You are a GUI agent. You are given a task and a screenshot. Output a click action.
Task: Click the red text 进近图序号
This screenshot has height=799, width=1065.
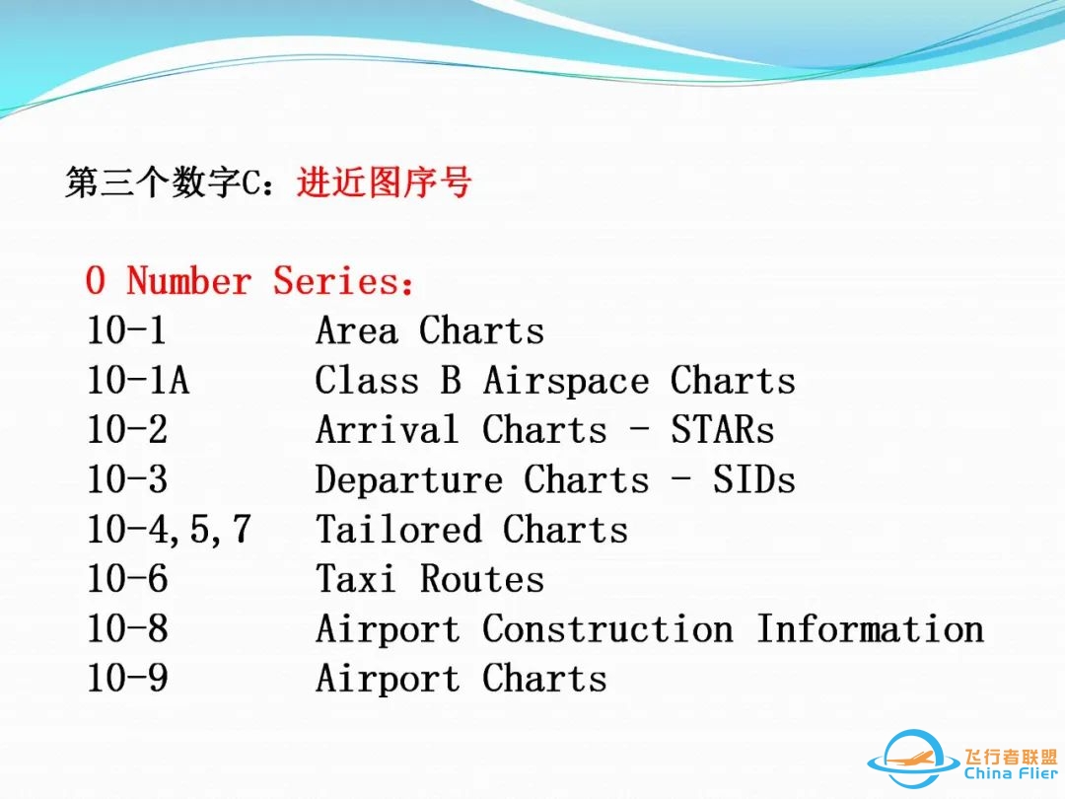point(384,183)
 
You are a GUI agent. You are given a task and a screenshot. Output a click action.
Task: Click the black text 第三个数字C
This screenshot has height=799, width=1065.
point(167,183)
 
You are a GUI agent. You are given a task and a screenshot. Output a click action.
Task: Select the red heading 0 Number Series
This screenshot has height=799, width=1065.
point(250,281)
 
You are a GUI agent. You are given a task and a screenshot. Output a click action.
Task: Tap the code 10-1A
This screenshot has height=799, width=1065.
point(138,381)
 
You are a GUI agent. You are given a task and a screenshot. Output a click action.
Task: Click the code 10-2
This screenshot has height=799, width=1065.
point(127,430)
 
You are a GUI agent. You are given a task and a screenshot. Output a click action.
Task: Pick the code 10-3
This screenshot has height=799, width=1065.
point(127,480)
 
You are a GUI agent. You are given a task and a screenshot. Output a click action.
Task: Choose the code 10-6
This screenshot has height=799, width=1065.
point(127,580)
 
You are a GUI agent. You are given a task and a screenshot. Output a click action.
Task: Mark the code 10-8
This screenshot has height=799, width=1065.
point(127,629)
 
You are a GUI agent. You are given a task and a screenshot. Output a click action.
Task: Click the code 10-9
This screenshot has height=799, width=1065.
point(127,680)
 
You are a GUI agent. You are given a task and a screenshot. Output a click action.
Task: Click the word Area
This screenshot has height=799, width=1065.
point(357,331)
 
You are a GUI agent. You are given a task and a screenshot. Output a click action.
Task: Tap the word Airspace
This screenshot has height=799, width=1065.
point(566,381)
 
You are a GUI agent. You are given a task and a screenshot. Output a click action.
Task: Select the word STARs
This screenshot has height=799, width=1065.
point(723,430)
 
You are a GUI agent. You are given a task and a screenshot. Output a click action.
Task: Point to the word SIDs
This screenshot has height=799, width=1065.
point(754,480)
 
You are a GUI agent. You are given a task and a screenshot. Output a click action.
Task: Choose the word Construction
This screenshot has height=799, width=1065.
point(607,629)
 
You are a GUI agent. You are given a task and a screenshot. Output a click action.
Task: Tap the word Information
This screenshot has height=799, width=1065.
point(870,629)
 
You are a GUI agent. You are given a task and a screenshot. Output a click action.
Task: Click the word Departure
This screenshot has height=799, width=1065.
point(409,480)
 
